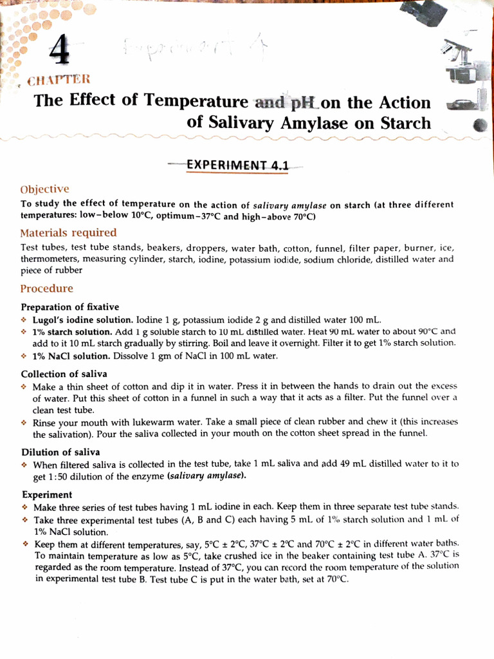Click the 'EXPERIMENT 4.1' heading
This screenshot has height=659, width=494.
point(237,165)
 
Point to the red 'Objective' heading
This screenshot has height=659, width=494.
point(44,189)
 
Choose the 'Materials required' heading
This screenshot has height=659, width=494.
point(68,232)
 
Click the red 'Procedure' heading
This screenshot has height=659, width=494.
point(46,288)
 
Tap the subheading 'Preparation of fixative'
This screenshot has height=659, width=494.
point(69,307)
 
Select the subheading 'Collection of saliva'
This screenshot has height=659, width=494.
point(64,374)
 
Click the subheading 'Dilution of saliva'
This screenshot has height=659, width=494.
point(60,452)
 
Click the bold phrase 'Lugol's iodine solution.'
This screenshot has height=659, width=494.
point(83,320)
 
